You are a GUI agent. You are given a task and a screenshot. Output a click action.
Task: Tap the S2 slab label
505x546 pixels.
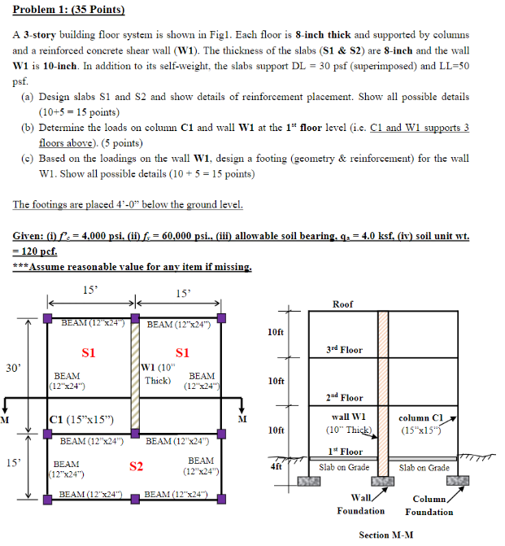[x=137, y=467]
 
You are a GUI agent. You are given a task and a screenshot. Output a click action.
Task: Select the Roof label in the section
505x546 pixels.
[x=342, y=304]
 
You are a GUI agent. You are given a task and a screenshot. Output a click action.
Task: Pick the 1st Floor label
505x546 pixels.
[x=344, y=452]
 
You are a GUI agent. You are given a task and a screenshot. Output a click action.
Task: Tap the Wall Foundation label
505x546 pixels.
[x=360, y=504]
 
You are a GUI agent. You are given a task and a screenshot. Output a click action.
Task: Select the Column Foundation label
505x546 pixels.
[x=429, y=505]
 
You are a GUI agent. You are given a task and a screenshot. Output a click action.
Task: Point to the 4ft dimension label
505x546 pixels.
[x=276, y=467]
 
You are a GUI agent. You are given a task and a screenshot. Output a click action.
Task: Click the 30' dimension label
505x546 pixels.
[x=13, y=368]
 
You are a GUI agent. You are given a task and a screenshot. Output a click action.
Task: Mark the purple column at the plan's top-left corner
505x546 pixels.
[x=48, y=317]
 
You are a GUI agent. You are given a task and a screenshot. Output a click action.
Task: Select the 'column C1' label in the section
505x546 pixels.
[x=420, y=417]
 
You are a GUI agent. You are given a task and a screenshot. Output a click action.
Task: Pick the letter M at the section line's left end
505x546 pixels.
[x=5, y=419]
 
